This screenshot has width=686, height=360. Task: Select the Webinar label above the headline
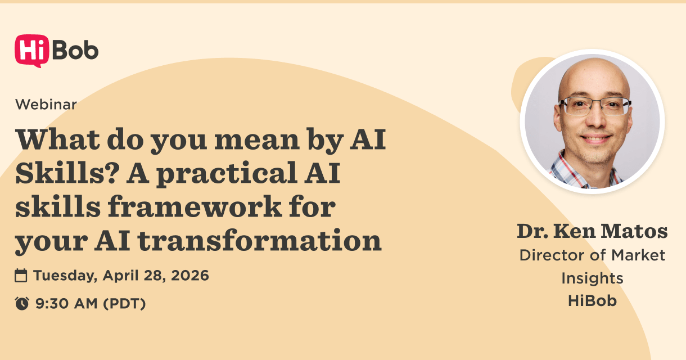click(46, 104)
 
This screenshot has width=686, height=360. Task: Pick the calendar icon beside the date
click(21, 276)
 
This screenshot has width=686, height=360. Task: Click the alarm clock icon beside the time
click(21, 304)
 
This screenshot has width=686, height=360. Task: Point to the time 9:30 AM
click(66, 304)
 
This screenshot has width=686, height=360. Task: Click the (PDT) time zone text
click(125, 304)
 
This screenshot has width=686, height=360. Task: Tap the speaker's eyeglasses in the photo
click(594, 106)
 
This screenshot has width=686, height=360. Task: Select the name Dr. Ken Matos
click(592, 231)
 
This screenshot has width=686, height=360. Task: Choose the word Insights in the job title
click(592, 278)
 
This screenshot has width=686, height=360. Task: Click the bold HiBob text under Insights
click(592, 300)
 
